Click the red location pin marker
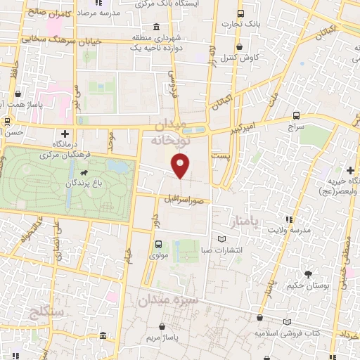(x=181, y=166)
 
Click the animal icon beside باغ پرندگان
(x=84, y=174)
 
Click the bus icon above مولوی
(x=158, y=245)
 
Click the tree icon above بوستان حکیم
(x=308, y=274)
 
